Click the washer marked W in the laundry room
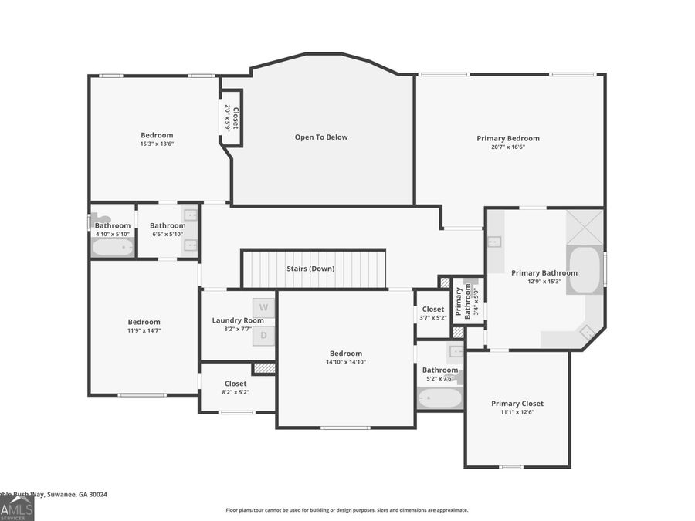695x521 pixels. point(263,307)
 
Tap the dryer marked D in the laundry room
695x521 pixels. point(263,335)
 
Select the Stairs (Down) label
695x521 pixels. point(310,269)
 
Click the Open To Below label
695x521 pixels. point(321,137)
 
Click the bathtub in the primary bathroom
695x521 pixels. point(585,270)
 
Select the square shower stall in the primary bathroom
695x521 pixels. point(585,226)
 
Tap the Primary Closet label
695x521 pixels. point(517,404)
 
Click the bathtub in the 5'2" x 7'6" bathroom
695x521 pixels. point(440,398)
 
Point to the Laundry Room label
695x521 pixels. point(238,320)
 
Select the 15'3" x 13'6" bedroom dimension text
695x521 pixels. point(157,144)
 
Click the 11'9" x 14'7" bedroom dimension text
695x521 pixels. point(144,330)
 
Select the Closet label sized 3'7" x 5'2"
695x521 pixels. point(432,310)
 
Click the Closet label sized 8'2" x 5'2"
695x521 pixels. point(236,384)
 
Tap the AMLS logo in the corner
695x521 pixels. point(17,509)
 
